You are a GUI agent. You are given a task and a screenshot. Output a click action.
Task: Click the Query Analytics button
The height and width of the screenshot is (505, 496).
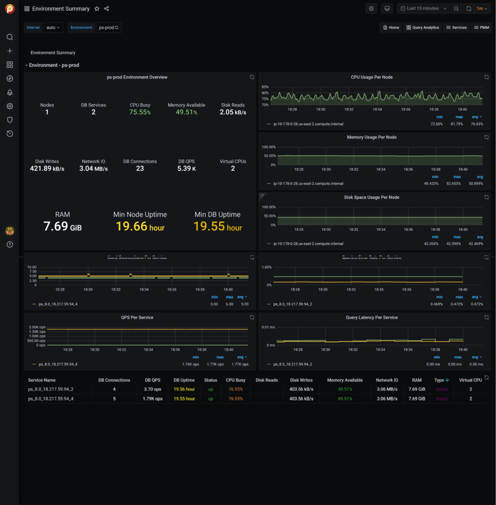click(x=423, y=28)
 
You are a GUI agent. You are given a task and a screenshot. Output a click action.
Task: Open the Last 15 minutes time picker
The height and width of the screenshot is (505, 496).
click(x=423, y=8)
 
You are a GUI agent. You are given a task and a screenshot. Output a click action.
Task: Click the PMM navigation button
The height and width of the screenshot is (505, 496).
click(x=481, y=28)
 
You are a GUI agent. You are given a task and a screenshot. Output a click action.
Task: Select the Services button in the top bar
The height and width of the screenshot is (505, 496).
click(x=456, y=28)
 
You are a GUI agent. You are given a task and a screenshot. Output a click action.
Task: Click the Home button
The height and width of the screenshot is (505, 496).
click(x=391, y=28)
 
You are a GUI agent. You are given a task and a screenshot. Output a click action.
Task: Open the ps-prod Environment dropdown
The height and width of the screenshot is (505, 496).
click(x=108, y=28)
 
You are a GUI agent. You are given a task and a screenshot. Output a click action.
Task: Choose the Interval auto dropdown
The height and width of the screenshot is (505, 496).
click(x=53, y=28)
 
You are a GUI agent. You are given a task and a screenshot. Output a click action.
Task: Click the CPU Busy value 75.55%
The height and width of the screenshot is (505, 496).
click(x=140, y=112)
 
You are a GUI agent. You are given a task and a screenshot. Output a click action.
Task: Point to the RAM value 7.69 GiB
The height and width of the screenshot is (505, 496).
click(x=63, y=226)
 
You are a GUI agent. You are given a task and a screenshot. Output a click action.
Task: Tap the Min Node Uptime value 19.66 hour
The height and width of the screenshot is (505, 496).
click(x=140, y=226)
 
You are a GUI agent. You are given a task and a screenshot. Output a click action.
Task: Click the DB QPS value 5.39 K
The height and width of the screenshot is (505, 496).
click(x=187, y=169)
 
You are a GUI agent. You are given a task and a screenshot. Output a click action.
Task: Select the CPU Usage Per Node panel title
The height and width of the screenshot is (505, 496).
click(x=371, y=77)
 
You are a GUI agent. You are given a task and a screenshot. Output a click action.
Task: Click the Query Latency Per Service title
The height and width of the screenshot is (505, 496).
click(x=371, y=318)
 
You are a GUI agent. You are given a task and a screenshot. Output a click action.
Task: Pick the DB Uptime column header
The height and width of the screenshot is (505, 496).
click(x=184, y=380)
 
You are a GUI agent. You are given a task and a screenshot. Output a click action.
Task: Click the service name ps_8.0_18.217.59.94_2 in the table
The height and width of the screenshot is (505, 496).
click(x=51, y=389)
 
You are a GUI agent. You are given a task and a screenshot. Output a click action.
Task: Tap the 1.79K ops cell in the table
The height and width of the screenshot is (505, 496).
click(x=152, y=398)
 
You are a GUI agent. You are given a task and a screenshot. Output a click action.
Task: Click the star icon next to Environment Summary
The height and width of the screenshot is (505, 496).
click(x=97, y=9)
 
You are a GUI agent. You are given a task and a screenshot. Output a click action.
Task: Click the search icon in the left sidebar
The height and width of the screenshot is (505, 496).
click(x=9, y=37)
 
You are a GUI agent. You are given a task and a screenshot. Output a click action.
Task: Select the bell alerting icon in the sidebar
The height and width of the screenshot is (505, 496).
click(x=9, y=93)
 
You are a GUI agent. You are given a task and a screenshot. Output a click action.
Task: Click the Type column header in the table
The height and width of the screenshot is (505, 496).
click(x=439, y=380)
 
